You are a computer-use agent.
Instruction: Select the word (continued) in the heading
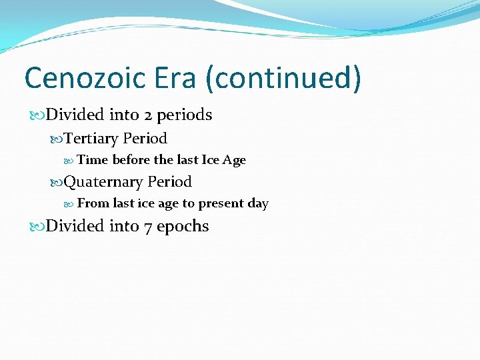coord(283,78)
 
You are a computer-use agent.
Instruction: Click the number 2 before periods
coord(148,115)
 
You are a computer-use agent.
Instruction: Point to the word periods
coord(185,115)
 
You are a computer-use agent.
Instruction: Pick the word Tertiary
coord(91,139)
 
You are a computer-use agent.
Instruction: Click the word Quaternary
coord(103,182)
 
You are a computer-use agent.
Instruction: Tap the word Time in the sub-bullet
coord(93,160)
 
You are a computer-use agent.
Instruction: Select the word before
coord(132,160)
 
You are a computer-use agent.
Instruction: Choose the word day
coord(258,204)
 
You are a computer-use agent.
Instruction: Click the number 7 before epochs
coord(148,227)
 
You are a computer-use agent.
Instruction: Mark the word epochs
coord(183,227)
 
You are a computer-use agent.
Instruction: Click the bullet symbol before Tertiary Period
coord(57,139)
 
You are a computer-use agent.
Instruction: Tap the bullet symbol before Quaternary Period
coord(57,182)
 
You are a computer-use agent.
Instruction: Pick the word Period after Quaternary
coord(169,181)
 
